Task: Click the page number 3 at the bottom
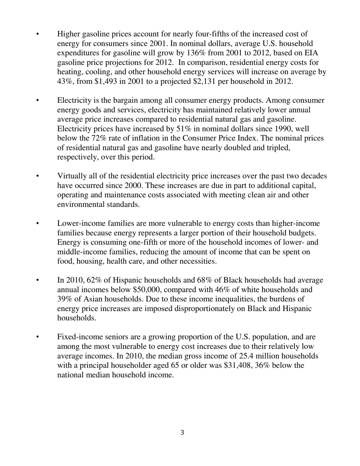[182, 433]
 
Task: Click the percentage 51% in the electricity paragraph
[185, 129]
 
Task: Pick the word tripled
[278, 148]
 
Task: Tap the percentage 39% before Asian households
[65, 299]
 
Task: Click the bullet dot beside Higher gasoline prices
[37, 34]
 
